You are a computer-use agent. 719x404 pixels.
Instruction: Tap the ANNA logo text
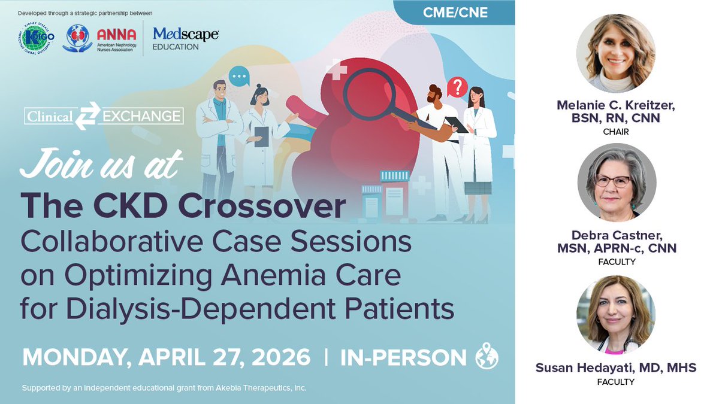[x=116, y=35]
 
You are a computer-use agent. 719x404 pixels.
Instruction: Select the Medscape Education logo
[x=185, y=39]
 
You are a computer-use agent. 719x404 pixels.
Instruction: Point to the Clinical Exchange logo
[x=104, y=116]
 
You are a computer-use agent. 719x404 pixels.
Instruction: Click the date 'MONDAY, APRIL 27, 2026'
[x=167, y=357]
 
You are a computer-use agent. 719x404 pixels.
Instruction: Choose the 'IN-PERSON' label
[x=403, y=357]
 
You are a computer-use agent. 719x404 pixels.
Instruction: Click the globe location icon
[x=486, y=358]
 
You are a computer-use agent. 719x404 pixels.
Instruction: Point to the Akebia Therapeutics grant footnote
[x=164, y=388]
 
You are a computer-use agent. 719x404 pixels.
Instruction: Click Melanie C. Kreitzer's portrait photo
[x=616, y=53]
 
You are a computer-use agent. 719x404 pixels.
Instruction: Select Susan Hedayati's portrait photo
[x=616, y=314]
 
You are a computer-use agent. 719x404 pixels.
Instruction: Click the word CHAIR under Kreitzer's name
[x=616, y=132]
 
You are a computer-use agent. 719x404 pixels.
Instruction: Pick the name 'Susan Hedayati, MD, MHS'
[x=616, y=367]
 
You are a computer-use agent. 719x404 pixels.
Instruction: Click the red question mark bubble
[x=457, y=88]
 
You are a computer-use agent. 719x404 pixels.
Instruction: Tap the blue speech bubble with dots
[x=238, y=77]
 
